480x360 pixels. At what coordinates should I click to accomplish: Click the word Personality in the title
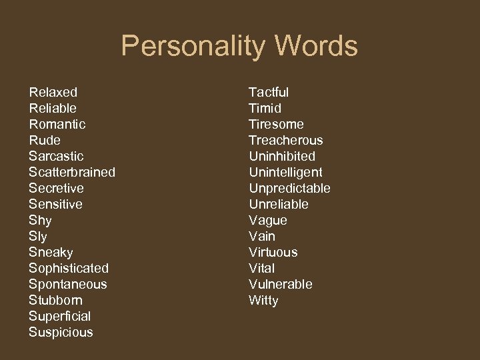click(193, 47)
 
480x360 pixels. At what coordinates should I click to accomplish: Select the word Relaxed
click(53, 92)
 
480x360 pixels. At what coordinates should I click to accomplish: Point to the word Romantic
click(57, 124)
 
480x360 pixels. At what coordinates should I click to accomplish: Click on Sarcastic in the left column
click(56, 156)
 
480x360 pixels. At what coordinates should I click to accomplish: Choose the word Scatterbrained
click(72, 172)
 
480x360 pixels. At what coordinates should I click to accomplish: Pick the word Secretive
click(56, 188)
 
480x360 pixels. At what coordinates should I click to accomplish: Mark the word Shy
click(40, 220)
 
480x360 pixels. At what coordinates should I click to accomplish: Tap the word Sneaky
click(51, 252)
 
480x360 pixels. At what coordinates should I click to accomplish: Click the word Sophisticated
click(69, 268)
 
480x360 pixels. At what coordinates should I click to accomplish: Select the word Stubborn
click(55, 300)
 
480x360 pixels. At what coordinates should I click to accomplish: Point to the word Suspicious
click(61, 332)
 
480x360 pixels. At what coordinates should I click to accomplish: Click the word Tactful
click(269, 92)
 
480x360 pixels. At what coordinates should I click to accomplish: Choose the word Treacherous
click(285, 140)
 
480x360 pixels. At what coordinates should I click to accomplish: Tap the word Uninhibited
click(282, 156)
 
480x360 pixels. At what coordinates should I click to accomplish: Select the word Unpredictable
click(289, 188)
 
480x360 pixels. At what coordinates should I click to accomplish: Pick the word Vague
click(268, 220)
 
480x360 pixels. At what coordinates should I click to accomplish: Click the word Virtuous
click(273, 252)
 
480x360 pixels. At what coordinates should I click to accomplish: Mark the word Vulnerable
click(280, 284)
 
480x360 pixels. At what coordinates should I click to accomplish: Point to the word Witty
click(263, 300)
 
